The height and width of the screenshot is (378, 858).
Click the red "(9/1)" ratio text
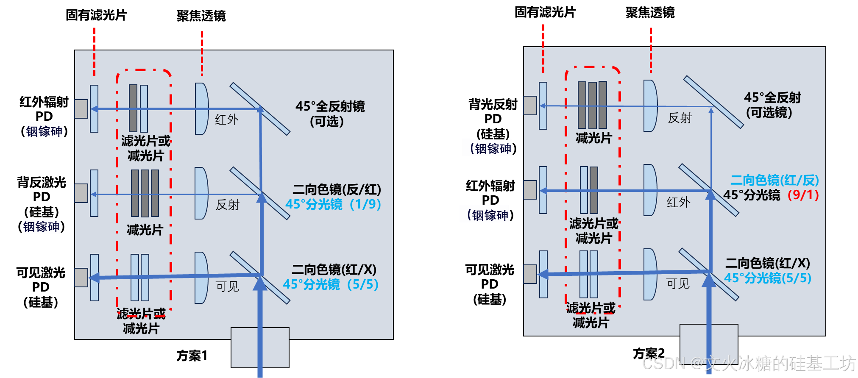[x=803, y=195]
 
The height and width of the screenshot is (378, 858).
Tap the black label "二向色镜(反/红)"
[x=337, y=189]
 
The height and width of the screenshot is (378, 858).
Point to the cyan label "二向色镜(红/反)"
[x=774, y=180]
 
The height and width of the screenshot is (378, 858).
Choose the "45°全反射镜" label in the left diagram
[x=330, y=106]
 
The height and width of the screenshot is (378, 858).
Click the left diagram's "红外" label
[x=227, y=120]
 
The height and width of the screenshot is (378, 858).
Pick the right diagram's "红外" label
[x=678, y=202]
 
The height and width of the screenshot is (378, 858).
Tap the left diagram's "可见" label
[x=228, y=286]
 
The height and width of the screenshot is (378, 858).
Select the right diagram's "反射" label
[x=680, y=118]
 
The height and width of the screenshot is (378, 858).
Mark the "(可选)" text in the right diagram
[x=769, y=113]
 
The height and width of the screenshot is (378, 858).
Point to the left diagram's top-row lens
[x=201, y=108]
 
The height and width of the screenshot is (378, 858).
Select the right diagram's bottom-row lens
[x=649, y=274]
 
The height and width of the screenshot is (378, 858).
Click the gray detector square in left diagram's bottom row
[x=81, y=278]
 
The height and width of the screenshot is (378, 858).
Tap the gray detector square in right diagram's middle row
[x=530, y=190]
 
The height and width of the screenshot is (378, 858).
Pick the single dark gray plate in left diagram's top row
[x=133, y=108]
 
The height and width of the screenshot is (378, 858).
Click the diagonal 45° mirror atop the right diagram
[x=713, y=102]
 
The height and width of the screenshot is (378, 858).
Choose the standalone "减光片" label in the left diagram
[x=145, y=230]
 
